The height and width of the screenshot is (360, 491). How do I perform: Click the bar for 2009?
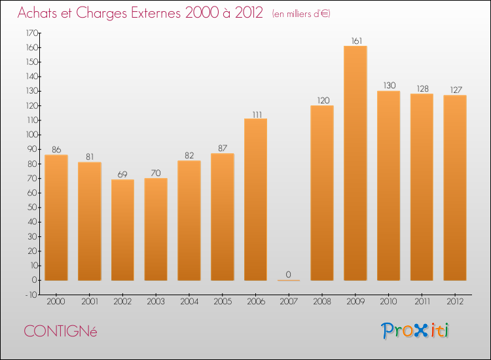click(x=355, y=164)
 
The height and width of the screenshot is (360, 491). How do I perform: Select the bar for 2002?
click(x=122, y=230)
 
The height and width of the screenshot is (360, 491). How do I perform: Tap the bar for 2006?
click(x=255, y=200)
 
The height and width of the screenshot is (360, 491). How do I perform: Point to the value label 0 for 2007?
click(x=289, y=275)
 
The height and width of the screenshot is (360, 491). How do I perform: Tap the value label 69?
click(x=122, y=175)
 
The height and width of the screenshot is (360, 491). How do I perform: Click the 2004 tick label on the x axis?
click(x=189, y=302)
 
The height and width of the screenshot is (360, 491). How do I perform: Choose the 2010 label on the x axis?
click(x=388, y=302)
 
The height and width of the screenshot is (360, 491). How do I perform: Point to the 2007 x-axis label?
click(x=289, y=302)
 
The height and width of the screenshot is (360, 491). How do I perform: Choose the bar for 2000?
click(x=56, y=217)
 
